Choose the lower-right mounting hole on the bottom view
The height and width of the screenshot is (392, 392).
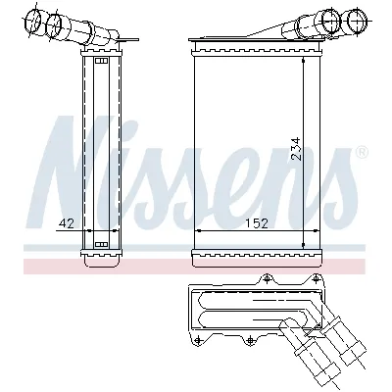[x=253, y=340]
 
